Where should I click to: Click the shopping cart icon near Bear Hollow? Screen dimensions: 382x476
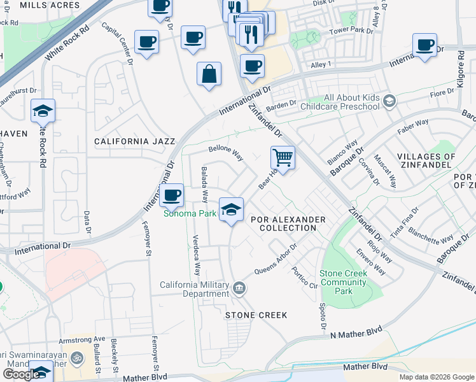click(283, 157)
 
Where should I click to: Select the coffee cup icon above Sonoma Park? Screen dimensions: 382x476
click(171, 195)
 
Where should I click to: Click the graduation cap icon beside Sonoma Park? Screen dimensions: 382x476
click(231, 209)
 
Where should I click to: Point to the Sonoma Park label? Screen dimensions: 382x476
click(190, 214)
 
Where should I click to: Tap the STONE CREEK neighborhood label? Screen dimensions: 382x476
click(256, 315)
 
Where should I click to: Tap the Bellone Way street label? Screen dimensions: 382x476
click(226, 153)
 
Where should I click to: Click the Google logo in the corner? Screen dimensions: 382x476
click(21, 374)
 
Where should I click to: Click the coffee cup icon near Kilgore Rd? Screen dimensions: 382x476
click(424, 46)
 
